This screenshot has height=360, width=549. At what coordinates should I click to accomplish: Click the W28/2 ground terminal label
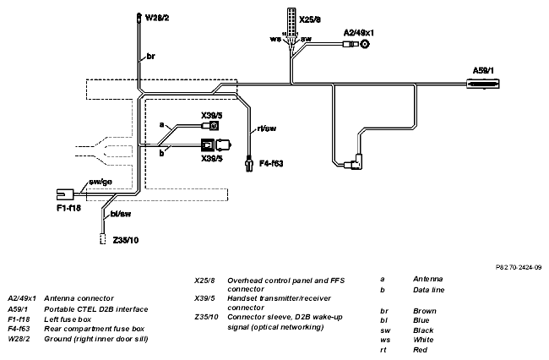point(157,18)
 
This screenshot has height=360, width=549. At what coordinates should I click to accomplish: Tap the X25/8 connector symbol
point(291,20)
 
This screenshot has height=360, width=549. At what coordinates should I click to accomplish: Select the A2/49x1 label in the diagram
point(358,33)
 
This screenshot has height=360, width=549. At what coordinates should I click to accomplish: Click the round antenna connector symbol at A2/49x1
point(365,44)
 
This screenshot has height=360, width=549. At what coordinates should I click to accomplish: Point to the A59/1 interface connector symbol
point(483,84)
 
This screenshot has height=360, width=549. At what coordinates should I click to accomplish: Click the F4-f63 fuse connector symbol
point(249,164)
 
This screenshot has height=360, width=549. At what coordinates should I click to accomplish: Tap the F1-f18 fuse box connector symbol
point(65,194)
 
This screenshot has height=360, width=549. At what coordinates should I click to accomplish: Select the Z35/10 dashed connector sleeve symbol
point(102,238)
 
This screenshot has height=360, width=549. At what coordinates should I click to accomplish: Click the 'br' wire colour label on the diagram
point(150,56)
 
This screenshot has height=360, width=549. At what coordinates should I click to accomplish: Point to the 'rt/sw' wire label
point(266,128)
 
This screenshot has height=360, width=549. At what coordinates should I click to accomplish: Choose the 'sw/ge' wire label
point(101,182)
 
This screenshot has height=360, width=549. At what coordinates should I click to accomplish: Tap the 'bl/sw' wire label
point(121,214)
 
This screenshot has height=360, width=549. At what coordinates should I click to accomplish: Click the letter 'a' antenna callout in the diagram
point(161,124)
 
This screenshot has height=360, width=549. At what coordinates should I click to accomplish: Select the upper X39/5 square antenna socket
point(214,125)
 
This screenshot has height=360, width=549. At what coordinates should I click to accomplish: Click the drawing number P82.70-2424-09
point(519,267)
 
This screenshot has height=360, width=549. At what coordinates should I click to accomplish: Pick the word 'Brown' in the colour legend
point(425,311)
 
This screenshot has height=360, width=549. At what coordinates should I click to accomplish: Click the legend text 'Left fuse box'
point(68,319)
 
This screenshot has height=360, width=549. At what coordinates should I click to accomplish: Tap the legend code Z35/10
point(206,317)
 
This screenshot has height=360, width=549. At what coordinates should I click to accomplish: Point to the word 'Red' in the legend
point(420,350)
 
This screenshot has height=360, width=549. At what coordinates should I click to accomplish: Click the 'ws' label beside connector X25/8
point(275,39)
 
